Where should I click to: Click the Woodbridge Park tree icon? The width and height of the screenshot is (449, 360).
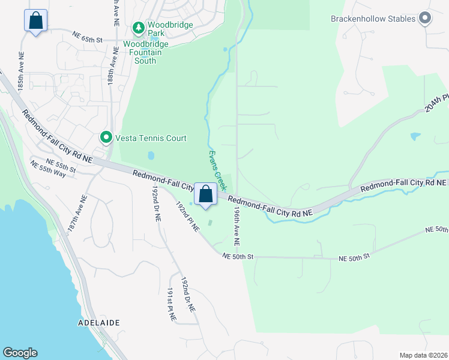tap(139, 28)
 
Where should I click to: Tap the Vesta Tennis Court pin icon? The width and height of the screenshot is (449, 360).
tap(106, 138)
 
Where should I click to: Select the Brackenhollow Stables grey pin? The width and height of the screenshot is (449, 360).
tap(425, 19)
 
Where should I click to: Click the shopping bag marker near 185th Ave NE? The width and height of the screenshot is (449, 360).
tap(35, 20)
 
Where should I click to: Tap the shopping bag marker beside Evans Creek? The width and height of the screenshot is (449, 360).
tap(205, 194)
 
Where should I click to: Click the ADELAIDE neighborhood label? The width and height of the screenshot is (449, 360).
tap(99, 323)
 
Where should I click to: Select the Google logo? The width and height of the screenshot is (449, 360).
tap(20, 353)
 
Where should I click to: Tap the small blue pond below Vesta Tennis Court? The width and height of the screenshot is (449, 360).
tap(150, 155)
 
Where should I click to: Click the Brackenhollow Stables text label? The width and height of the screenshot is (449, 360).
tap(373, 19)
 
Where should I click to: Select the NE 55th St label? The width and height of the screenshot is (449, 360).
tap(61, 165)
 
